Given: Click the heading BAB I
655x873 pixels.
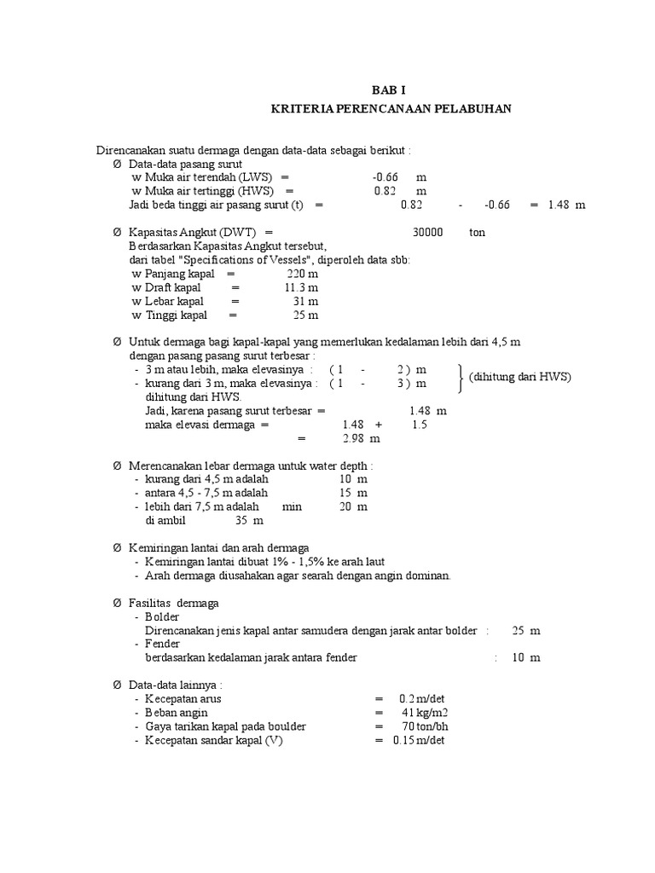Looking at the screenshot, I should (389, 89).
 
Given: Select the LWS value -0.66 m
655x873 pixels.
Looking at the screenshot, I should (398, 176).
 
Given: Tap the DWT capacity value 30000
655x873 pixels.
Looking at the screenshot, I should (427, 232).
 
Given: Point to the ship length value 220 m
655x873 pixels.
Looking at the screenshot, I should (303, 274).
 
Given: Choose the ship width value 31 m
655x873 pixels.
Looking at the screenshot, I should (305, 302).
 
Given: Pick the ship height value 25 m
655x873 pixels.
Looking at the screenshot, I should (305, 315).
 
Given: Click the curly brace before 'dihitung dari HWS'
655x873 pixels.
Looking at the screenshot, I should (461, 377).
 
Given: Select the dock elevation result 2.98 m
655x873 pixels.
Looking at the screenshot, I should (361, 438).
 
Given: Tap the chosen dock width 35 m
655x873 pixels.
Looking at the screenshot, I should (249, 520).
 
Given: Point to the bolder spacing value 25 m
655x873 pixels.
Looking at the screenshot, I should (526, 631).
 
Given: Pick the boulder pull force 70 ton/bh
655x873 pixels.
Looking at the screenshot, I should (420, 726).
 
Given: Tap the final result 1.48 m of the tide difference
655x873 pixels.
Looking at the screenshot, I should (566, 205).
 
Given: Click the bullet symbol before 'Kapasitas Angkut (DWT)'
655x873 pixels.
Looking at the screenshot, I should (118, 232).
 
